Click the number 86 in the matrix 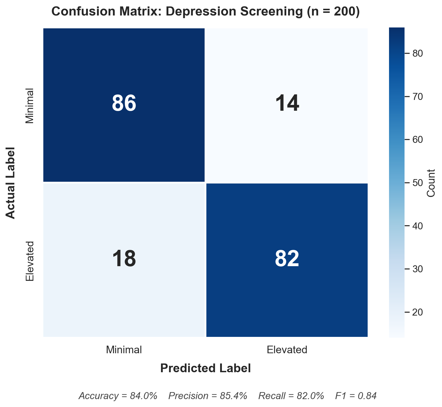pos(124,104)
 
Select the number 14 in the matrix pos(287,104)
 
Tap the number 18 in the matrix pos(124,259)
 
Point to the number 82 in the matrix pos(287,259)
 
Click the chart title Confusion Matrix pos(205,12)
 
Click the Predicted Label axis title pos(205,368)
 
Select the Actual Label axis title pos(11,183)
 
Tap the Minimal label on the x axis pos(124,350)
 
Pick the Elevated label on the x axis pos(287,350)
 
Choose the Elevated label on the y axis pos(30,261)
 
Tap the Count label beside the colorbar pos(431,183)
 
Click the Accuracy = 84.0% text pos(118,396)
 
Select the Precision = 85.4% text pos(208,396)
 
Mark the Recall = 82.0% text pos(291,396)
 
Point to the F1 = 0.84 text pos(356,396)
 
